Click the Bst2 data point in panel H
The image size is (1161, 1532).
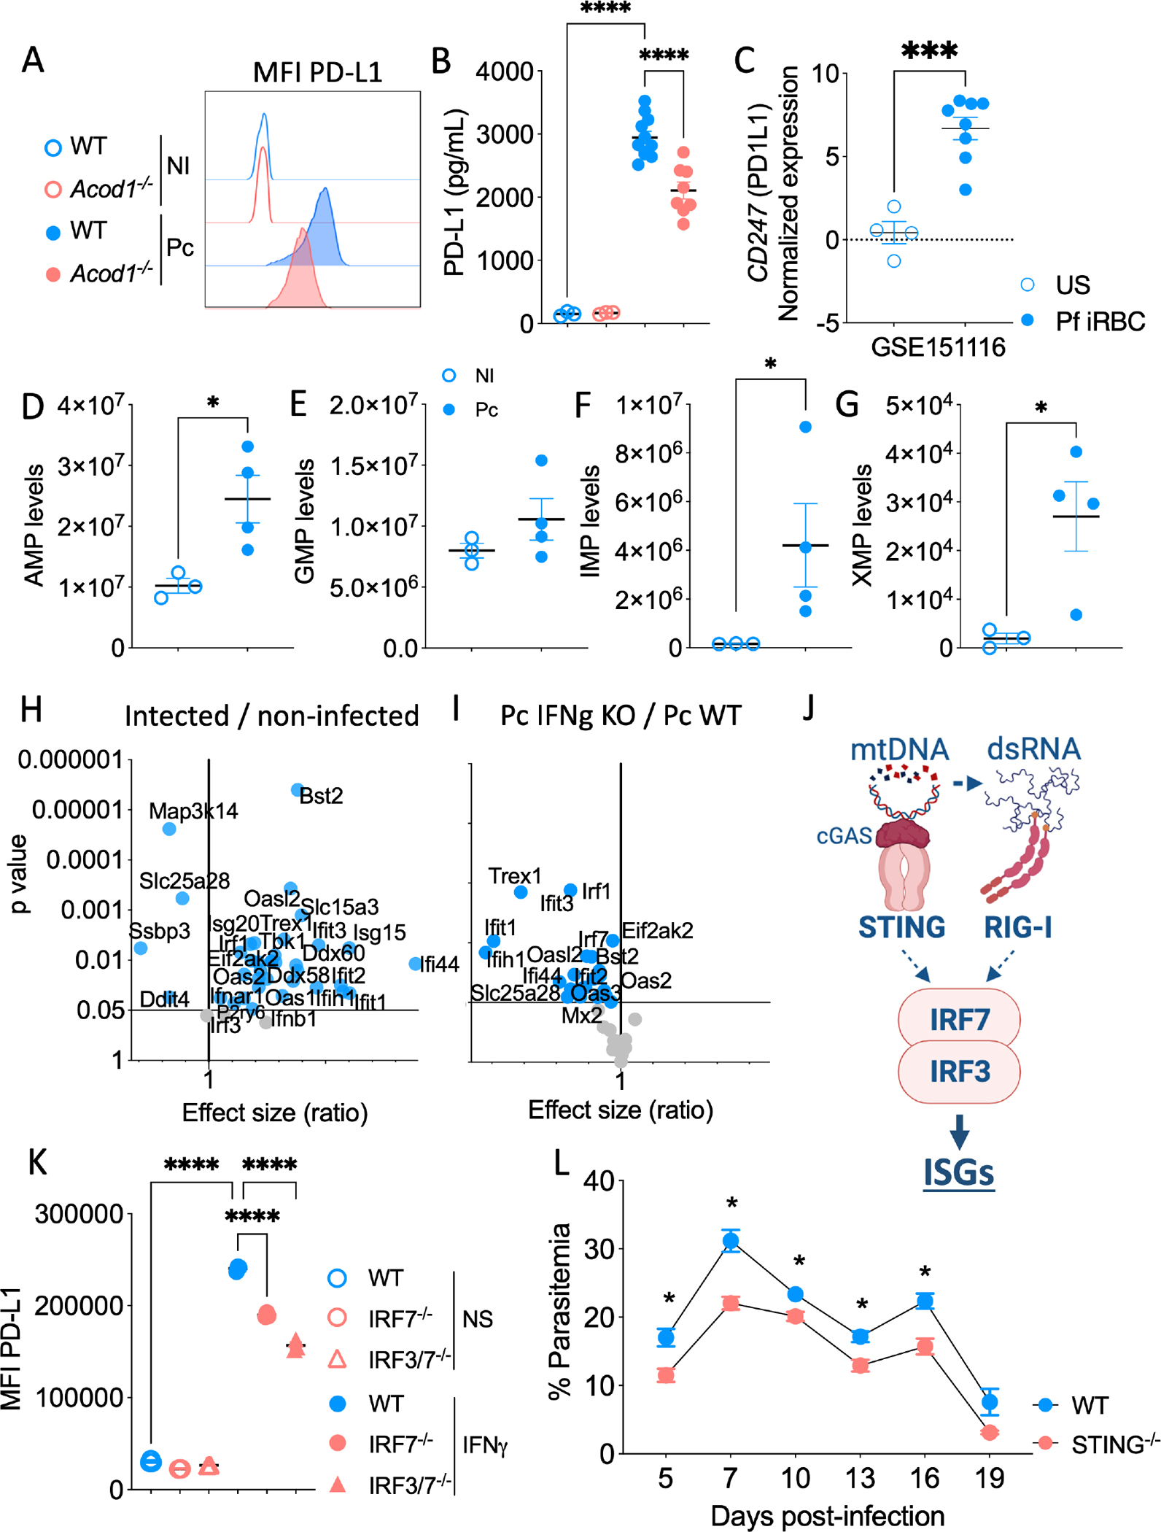point(297,789)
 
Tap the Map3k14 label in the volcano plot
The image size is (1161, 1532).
point(193,811)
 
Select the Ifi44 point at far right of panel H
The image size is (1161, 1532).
point(415,964)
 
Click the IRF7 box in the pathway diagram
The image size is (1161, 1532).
point(958,1019)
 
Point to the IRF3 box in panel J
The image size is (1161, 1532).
point(958,1071)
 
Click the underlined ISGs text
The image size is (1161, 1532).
point(958,1172)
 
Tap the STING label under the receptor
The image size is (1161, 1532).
point(901,927)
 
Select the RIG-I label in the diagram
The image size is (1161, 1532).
point(1017,927)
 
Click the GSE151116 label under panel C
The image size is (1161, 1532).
point(938,347)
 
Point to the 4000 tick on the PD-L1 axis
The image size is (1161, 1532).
point(504,72)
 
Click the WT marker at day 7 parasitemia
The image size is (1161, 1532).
point(731,1241)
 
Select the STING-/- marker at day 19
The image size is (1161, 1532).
point(989,1432)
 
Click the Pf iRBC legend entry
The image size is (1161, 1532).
point(1099,321)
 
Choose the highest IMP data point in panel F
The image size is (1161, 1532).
point(805,427)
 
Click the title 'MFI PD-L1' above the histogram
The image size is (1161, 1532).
point(317,72)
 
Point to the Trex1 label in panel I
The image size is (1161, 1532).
point(515,875)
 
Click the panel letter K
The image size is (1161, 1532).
point(37,1161)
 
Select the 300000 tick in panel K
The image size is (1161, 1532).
point(80,1213)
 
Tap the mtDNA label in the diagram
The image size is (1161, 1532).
point(899,749)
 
